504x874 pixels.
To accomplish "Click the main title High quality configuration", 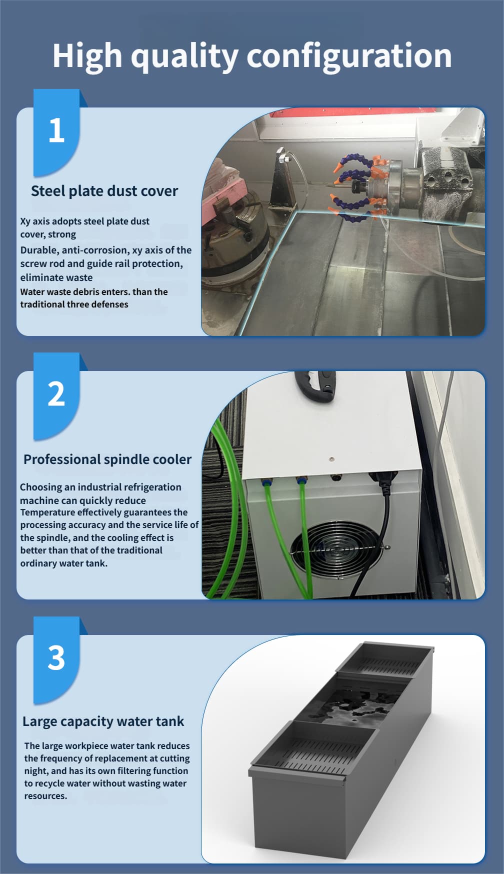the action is [x=252, y=56].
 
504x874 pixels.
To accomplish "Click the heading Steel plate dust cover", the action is [x=104, y=191].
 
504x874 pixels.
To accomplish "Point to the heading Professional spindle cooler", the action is [x=107, y=459].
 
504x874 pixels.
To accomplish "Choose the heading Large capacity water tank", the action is [x=103, y=721].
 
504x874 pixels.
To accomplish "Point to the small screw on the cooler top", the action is [x=331, y=458].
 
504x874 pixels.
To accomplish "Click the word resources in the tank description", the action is [x=45, y=796].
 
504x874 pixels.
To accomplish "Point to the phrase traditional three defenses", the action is [x=74, y=304].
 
